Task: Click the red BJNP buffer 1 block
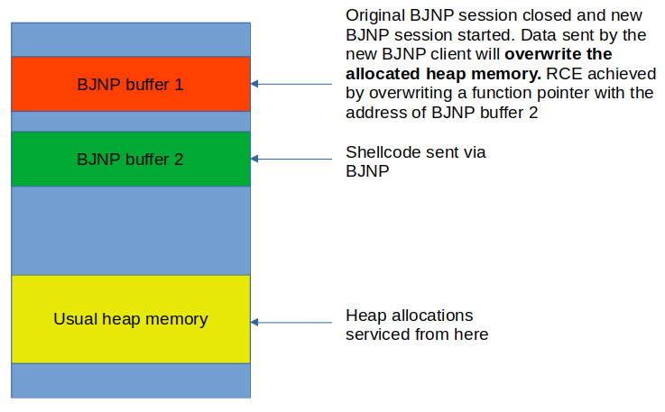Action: click(x=131, y=84)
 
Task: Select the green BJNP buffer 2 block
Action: click(x=131, y=159)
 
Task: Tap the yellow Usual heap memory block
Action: click(x=131, y=319)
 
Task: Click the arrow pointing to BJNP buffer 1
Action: click(x=291, y=84)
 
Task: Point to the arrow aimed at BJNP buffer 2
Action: click(x=291, y=159)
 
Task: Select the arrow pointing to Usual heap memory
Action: click(x=291, y=323)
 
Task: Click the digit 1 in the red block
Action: click(x=179, y=85)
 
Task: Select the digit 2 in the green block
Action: click(x=179, y=160)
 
